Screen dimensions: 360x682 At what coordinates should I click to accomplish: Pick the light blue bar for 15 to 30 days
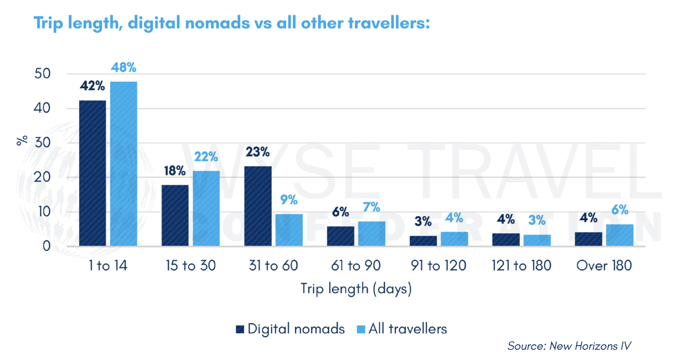206,209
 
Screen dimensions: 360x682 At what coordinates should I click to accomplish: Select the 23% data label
257,152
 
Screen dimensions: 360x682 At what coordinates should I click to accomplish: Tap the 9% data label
289,200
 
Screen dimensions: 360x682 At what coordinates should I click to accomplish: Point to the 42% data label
92,86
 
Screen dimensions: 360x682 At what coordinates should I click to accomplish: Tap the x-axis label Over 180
604,266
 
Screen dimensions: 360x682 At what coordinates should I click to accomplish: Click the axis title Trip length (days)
356,289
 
